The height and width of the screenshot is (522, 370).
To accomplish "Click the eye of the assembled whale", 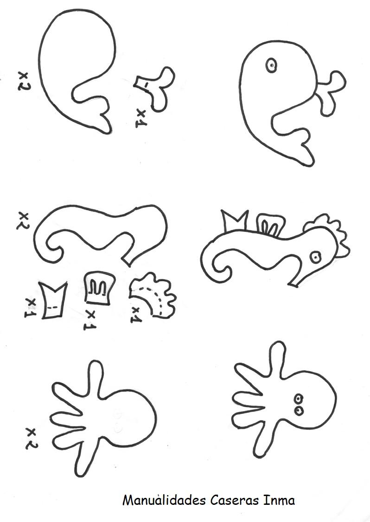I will pos(271,65).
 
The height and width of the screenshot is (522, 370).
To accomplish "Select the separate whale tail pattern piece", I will pos(156,88).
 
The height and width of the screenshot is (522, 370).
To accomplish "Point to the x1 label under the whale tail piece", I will pos(141,119).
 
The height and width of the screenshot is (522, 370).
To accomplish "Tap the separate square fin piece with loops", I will pos(98,288).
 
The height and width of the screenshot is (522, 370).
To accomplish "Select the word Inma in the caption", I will pos(279,501).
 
